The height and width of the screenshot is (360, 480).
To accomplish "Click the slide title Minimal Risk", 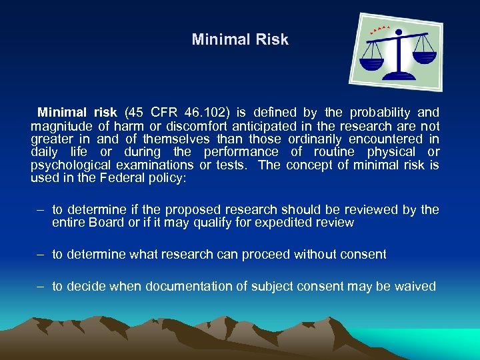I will (x=240, y=39).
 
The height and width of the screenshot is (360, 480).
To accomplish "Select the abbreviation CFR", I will (x=167, y=113).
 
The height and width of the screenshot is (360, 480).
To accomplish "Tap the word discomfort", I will (x=198, y=126).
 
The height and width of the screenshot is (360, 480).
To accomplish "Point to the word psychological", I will (x=71, y=165).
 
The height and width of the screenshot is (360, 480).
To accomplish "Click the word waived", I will (x=415, y=287).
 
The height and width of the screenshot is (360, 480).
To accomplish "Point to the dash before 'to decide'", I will (x=41, y=287).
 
